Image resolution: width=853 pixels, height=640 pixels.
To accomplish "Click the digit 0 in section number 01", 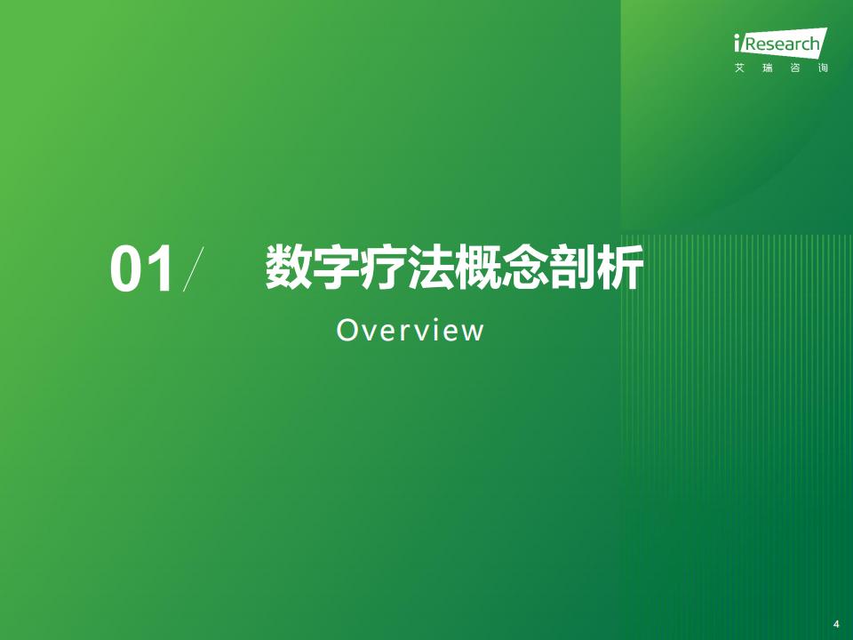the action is (127, 268).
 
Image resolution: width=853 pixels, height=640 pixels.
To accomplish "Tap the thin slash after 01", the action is (194, 268).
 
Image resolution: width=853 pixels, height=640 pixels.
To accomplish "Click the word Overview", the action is (411, 330).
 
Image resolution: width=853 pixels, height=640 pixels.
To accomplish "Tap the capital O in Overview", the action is (347, 330).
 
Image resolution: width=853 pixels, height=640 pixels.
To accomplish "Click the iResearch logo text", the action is (780, 43).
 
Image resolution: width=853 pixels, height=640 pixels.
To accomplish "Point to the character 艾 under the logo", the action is (739, 68).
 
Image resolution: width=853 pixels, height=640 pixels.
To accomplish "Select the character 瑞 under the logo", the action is (767, 68).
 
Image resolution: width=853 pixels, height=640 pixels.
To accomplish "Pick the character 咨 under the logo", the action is (794, 68).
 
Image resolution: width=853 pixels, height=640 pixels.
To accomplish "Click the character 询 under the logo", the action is (823, 68).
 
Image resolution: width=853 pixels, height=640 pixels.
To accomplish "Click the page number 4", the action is (836, 624).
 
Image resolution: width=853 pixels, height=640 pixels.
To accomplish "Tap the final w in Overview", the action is (474, 332).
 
